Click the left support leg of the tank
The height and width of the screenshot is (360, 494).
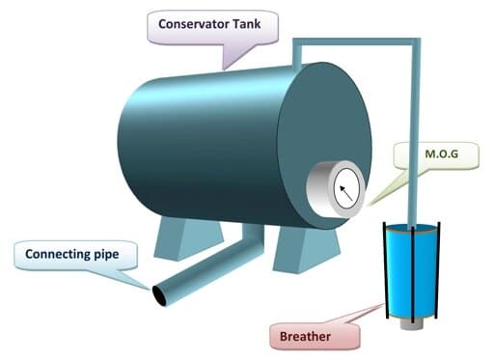pyautogui.click(x=187, y=236)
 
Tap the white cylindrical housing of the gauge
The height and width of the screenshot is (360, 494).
pyautogui.click(x=317, y=188)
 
